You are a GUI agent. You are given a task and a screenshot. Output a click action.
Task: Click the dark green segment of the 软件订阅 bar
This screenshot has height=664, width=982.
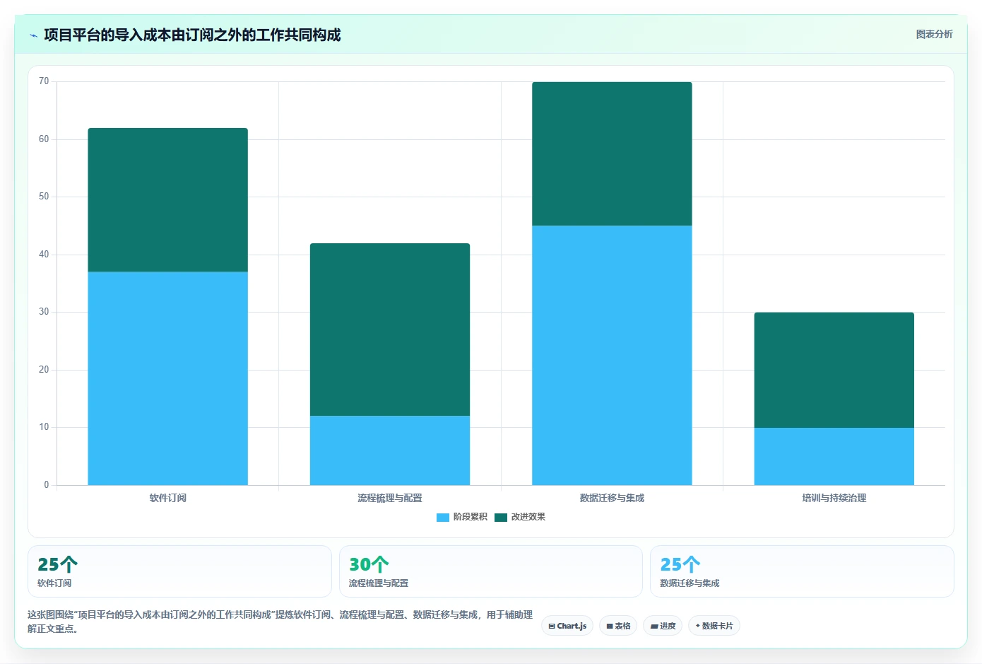[x=168, y=199]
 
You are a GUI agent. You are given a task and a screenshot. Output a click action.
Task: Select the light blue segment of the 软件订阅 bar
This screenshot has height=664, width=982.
[x=168, y=378]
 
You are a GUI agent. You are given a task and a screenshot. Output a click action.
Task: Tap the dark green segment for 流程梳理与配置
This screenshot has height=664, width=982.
[x=390, y=330]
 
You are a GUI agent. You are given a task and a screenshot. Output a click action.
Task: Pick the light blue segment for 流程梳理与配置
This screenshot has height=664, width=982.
[x=390, y=450]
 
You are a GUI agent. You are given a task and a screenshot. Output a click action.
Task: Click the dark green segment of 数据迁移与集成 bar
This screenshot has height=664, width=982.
[x=612, y=153]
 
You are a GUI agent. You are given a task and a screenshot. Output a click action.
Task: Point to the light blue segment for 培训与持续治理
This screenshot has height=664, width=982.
[x=834, y=456]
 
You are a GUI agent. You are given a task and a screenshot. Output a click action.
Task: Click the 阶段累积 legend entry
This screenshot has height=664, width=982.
[x=461, y=517]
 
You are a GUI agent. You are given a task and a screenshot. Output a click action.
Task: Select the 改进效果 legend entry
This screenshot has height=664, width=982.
[x=520, y=517]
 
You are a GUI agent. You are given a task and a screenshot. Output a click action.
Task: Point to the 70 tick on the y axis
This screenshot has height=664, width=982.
[x=44, y=81]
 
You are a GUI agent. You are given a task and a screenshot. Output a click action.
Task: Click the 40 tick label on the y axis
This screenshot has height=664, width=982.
[x=44, y=254]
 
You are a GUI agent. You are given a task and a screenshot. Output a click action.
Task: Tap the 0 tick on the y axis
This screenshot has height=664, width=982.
[x=47, y=484]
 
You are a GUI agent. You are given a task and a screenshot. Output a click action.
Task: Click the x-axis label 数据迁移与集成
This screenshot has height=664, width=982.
[x=612, y=498]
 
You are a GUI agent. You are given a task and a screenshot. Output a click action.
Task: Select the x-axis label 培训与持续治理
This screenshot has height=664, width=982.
[x=834, y=498]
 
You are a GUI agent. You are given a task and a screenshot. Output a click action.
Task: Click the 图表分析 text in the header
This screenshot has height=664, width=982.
[x=934, y=34]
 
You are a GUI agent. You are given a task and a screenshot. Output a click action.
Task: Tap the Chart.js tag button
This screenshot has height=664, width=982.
[x=567, y=626]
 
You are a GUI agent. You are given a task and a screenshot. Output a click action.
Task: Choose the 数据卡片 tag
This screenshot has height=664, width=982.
[x=714, y=626]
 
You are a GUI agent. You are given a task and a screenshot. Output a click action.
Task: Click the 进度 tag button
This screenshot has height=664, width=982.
[x=663, y=626]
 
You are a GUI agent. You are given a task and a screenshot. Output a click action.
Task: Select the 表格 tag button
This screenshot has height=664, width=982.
[x=618, y=626]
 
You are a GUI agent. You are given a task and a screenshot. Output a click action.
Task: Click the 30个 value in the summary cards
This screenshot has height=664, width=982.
[x=369, y=564]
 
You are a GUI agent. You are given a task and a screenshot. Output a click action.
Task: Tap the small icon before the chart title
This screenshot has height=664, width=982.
[x=34, y=35]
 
